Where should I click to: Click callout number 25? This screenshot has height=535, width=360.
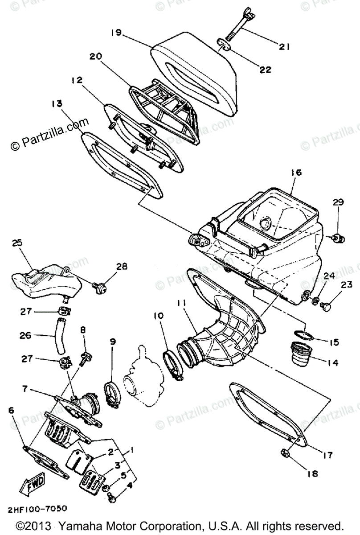(16, 243)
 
